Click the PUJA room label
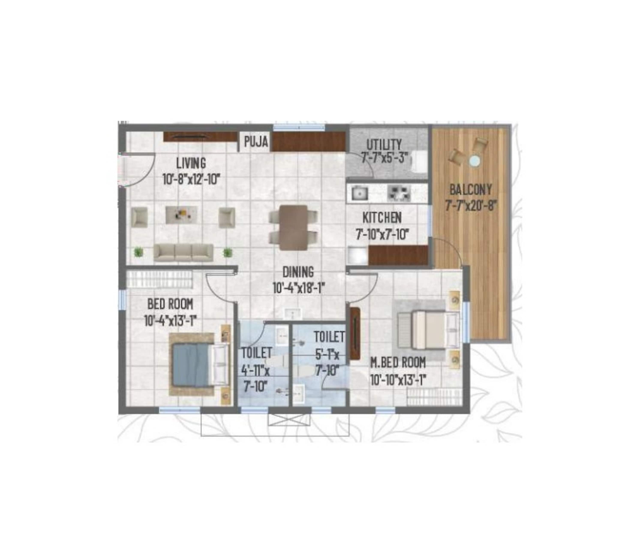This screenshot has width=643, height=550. pos(256,142)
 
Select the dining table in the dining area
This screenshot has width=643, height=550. pos(293,227)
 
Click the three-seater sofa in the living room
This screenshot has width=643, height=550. pos(183,253)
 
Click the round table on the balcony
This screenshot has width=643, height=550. pos(475,161)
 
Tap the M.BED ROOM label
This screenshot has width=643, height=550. pos(398,363)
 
